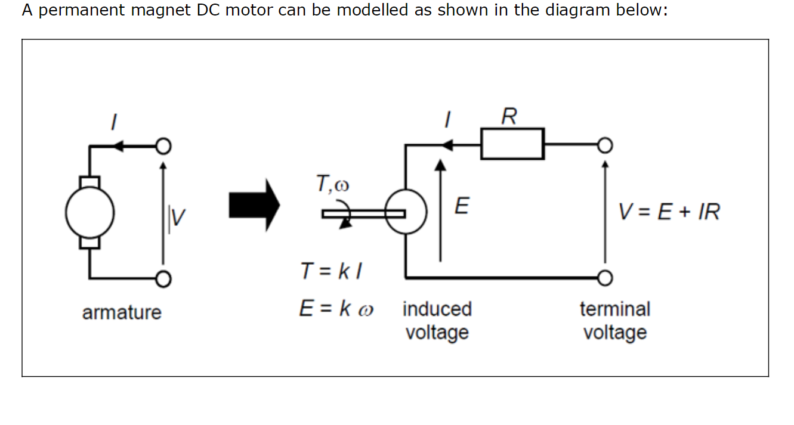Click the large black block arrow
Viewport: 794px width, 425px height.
(x=254, y=206)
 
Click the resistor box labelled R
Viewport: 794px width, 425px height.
(x=512, y=144)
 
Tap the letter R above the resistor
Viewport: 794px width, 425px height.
(x=509, y=116)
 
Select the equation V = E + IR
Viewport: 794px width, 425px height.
(x=669, y=212)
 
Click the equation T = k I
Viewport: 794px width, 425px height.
(x=332, y=272)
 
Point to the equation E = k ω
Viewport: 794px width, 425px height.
(x=336, y=309)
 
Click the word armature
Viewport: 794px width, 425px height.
(x=122, y=312)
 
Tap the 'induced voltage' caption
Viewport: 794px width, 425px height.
(x=437, y=320)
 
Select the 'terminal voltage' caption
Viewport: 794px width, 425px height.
(x=615, y=320)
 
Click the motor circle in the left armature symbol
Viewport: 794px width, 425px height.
(x=89, y=213)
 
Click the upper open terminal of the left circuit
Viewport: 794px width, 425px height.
(x=163, y=145)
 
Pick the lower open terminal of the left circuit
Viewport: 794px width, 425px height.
(x=163, y=278)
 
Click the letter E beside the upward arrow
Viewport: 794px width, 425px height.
(x=461, y=206)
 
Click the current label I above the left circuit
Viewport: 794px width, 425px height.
(x=112, y=122)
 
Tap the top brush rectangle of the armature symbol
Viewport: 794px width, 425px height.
(x=89, y=181)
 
